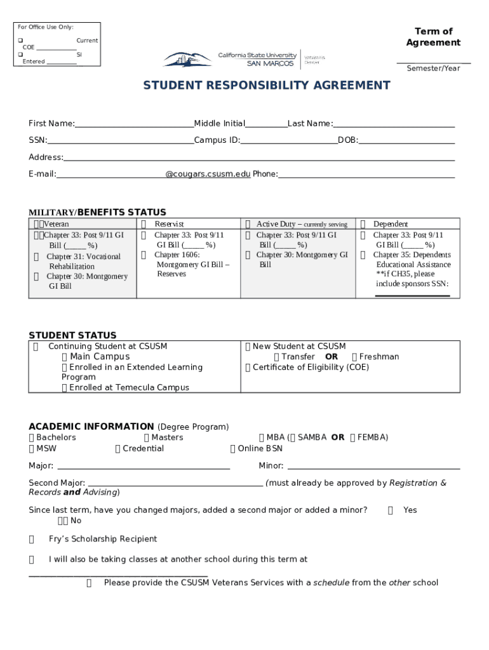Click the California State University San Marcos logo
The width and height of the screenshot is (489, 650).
click(244, 59)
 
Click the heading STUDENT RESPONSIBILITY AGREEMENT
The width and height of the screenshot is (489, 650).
click(266, 85)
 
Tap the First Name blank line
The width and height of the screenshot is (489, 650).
click(134, 124)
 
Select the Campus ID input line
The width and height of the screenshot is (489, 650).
click(288, 141)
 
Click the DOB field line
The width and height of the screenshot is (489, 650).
click(406, 141)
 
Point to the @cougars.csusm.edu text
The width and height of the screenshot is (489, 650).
click(208, 174)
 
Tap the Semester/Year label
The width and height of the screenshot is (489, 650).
click(433, 68)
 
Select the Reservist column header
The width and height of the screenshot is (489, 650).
click(169, 224)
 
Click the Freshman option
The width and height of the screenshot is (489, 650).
click(378, 357)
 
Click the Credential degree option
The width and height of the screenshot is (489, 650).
click(142, 448)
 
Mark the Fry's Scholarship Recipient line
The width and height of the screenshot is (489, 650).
click(102, 539)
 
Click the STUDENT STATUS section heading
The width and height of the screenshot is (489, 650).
click(72, 335)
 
